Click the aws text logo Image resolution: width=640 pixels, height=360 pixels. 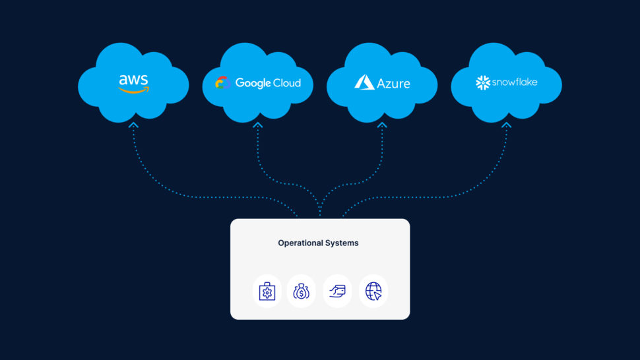133,80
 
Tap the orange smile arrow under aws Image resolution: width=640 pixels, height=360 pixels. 135,90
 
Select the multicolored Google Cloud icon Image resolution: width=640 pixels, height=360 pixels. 222,82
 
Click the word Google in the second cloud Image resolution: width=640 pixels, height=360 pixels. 253,83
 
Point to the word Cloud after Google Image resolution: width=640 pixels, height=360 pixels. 286,82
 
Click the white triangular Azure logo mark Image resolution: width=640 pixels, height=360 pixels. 364,82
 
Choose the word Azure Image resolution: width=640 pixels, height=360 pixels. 393,84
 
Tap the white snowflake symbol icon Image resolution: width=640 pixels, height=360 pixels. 483,82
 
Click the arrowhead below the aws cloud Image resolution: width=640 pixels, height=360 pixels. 134,124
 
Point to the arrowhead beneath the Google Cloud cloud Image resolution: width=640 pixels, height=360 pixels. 258,124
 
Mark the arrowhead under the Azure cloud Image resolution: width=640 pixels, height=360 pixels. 382,124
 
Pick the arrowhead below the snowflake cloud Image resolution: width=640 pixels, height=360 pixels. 506,124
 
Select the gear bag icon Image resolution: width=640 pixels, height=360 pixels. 267,291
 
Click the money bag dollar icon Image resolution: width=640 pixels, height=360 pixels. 302,291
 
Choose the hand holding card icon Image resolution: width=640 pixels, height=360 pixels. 338,291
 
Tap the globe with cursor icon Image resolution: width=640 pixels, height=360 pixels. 373,291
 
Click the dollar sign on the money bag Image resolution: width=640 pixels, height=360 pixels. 302,293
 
